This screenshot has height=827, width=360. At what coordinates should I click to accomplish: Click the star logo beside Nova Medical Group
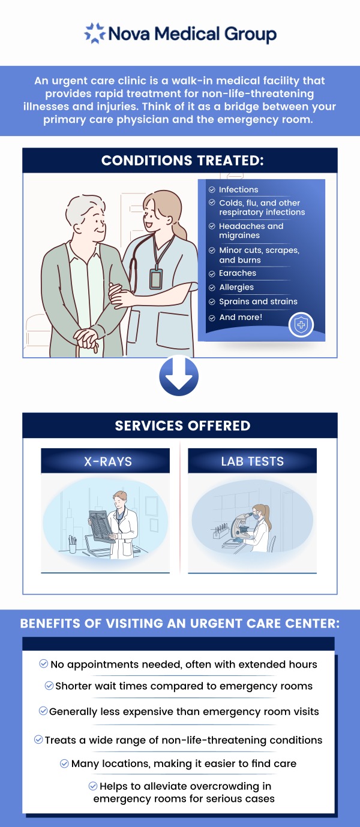pos(95,33)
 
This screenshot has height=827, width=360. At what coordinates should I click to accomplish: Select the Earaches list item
pos(238,273)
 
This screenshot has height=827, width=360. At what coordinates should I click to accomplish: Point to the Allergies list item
pos(236,288)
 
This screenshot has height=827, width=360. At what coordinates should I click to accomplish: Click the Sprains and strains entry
pos(258,302)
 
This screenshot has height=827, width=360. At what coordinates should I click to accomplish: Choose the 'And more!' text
pos(241,318)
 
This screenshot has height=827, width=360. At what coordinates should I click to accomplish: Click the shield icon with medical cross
pos(301,325)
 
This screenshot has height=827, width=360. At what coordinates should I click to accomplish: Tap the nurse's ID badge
pos(156,278)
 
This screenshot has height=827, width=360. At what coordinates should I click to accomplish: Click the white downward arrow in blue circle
pos(179,376)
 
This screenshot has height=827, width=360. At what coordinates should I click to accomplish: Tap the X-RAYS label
pos(108,461)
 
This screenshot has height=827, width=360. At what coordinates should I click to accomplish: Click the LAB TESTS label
pos(252,461)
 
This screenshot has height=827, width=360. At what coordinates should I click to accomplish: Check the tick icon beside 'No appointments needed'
pos(43,664)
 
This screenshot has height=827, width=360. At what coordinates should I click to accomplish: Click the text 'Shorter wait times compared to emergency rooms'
pos(184,686)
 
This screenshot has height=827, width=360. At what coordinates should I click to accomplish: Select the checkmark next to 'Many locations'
pos(65,763)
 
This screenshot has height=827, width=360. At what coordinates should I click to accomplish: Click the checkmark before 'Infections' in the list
pos(212,190)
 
